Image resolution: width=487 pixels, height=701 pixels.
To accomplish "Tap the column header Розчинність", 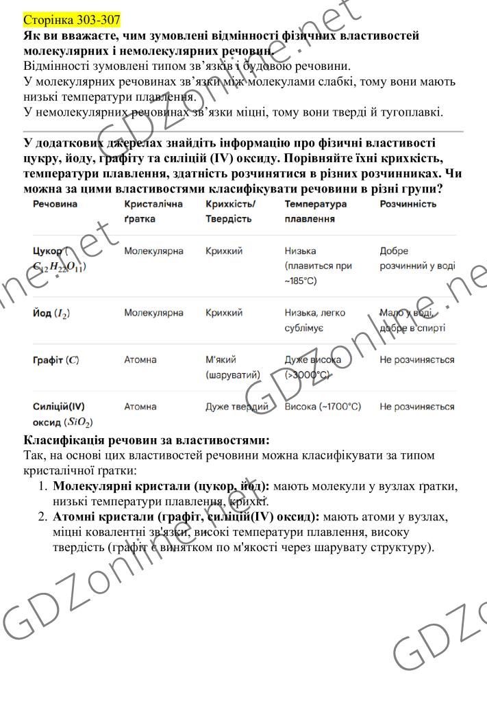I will pyautogui.click(x=408, y=204).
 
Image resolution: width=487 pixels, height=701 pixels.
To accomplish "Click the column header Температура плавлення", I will pyautogui.click(x=316, y=211).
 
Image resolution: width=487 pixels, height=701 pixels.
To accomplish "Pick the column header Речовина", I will pyautogui.click(x=55, y=204).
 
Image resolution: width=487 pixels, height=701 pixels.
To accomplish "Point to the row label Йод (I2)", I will pyautogui.click(x=51, y=314).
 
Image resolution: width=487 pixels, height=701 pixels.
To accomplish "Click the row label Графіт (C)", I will pyautogui.click(x=57, y=360).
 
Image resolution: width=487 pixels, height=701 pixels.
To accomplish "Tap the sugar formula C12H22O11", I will pyautogui.click(x=59, y=266).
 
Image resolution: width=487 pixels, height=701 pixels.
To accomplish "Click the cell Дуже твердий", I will pyautogui.click(x=237, y=407).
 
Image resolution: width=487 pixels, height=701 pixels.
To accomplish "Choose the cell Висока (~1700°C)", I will pyautogui.click(x=323, y=407).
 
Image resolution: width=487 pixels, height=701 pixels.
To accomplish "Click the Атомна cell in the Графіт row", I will pyautogui.click(x=140, y=359).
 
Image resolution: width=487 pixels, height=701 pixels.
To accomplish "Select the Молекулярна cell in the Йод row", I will pyautogui.click(x=153, y=313).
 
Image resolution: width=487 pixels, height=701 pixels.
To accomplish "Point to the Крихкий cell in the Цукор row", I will pyautogui.click(x=224, y=251).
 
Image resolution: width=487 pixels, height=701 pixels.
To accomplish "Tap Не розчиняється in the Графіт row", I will pyautogui.click(x=416, y=359).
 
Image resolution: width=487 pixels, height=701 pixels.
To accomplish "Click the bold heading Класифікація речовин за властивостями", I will pyautogui.click(x=147, y=440).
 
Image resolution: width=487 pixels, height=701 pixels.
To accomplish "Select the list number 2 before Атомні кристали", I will pyautogui.click(x=42, y=517).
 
